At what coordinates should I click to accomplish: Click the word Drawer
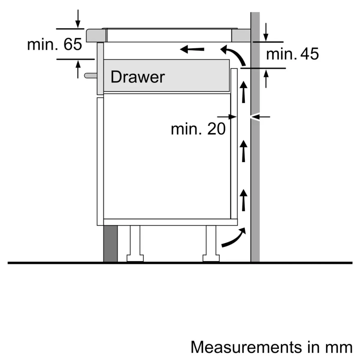coord(137,77)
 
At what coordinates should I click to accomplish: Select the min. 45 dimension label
coord(292,54)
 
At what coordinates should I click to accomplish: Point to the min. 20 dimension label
coord(198,129)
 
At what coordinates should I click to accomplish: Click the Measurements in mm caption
coord(271,347)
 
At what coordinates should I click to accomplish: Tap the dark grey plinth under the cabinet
coord(111,244)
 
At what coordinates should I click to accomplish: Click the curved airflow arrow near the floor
coord(233,238)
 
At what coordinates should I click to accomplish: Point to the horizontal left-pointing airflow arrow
coord(192,49)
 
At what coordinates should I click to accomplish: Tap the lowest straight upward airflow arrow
coord(244,199)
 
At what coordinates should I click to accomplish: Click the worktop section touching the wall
coord(240,36)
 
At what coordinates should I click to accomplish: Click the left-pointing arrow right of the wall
coord(261,117)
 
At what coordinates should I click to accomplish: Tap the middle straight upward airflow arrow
coord(244,151)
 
